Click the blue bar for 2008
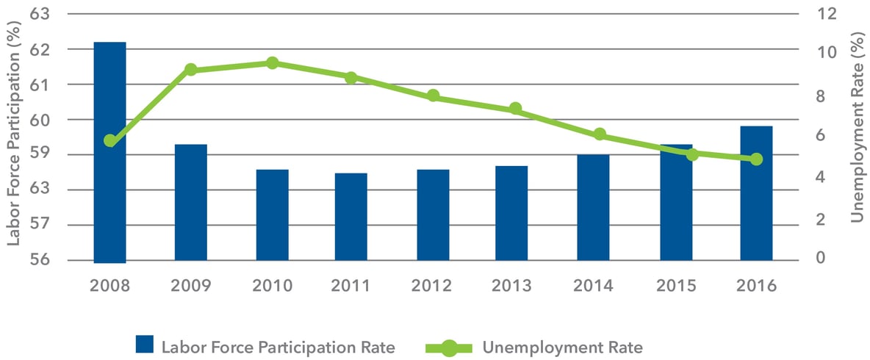110,152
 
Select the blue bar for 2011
351,217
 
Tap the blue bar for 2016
756,193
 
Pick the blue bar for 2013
512,213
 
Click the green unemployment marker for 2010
272,63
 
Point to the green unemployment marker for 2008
110,141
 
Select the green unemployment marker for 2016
756,159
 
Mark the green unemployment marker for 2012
433,96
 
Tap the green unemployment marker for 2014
600,134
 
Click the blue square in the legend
144,345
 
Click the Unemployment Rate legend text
564,345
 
